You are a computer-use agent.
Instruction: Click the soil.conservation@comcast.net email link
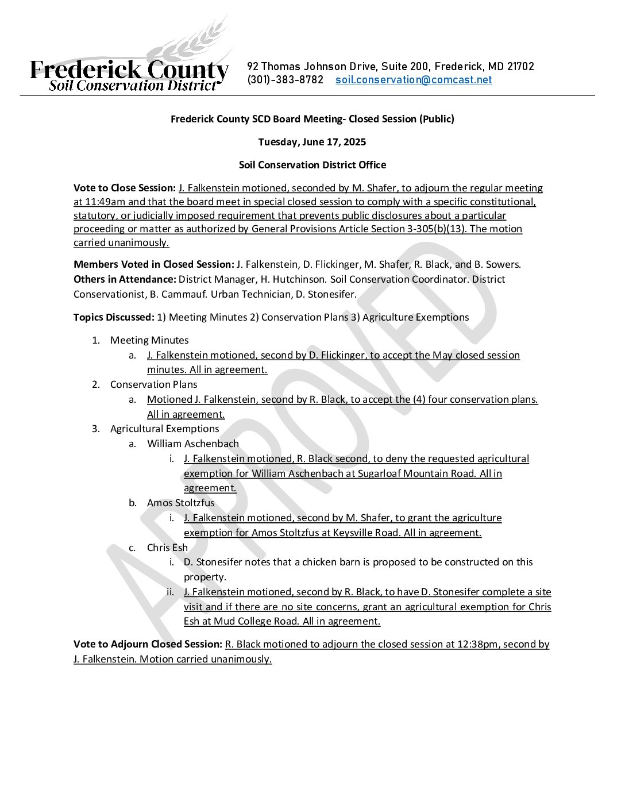pos(414,80)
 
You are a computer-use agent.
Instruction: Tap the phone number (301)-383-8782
pos(286,80)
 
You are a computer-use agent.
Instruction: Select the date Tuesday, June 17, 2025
pos(312,142)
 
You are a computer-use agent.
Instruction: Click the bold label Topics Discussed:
pos(114,317)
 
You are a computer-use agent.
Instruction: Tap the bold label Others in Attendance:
pos(125,279)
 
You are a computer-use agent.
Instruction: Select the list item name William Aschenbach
pos(193,444)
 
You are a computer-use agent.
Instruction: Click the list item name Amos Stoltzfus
pos(181,503)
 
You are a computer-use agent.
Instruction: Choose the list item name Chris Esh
pos(167,548)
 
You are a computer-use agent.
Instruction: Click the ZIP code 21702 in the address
pos(520,67)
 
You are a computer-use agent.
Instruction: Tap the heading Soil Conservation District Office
pos(312,165)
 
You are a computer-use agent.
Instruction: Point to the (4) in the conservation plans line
pos(419,399)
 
